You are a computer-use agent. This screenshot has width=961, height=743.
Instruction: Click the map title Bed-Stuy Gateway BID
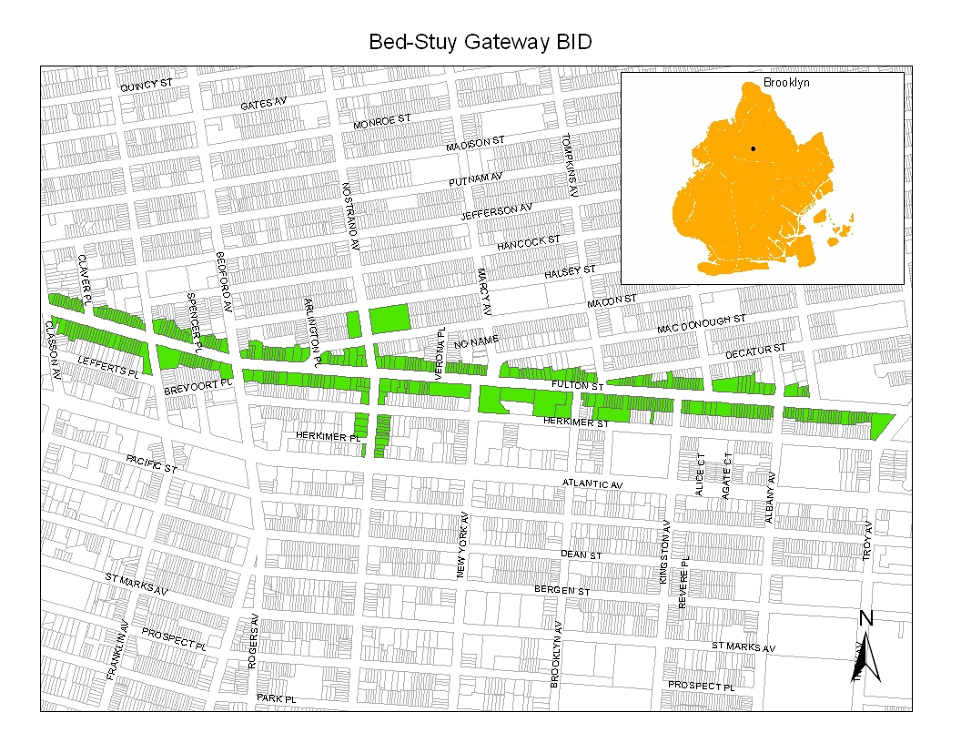pos(480,43)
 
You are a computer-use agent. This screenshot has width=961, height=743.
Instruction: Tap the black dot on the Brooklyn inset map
pos(753,148)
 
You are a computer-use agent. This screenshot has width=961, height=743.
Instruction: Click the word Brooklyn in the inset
pos(785,83)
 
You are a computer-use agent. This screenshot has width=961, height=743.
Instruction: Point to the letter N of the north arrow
pos(866,618)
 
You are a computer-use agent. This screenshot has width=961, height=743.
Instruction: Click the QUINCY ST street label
pos(147,85)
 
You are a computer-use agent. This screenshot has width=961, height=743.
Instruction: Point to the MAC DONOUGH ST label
pos(702,323)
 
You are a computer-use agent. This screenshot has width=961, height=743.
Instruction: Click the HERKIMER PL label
pos(329,437)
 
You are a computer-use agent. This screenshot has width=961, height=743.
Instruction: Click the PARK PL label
pos(277,697)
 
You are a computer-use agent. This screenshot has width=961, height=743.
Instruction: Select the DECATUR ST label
pos(754,351)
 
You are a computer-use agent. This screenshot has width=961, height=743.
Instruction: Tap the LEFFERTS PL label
pos(108,367)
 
